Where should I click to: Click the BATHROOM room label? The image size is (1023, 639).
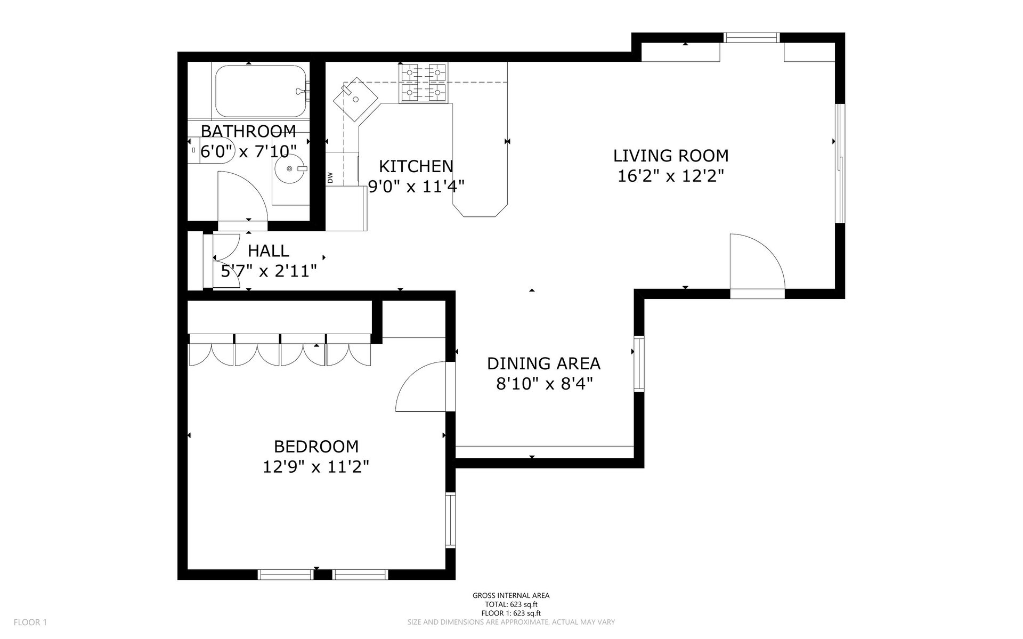[x=248, y=131]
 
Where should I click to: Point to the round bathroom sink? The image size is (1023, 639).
[x=290, y=168]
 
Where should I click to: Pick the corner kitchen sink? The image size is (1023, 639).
[x=355, y=99]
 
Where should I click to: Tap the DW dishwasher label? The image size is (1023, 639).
[x=330, y=177]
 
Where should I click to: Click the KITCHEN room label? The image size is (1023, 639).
[x=416, y=166]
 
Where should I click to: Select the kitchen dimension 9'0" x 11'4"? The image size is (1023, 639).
[x=417, y=187]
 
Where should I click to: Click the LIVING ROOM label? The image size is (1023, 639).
[x=671, y=156]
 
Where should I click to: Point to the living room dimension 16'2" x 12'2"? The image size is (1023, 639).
[x=671, y=176]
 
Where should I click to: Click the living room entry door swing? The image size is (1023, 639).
[x=757, y=261]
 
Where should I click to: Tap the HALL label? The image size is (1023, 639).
[x=269, y=250]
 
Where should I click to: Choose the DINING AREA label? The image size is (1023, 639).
[x=543, y=363]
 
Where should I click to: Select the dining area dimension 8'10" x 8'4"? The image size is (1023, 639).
[x=544, y=384]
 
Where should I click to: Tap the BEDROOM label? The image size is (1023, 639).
[x=316, y=446]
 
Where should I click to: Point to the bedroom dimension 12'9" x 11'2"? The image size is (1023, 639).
[x=316, y=467]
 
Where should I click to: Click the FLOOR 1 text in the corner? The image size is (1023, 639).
[x=30, y=622]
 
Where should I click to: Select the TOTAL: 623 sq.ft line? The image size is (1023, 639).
[x=511, y=604]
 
